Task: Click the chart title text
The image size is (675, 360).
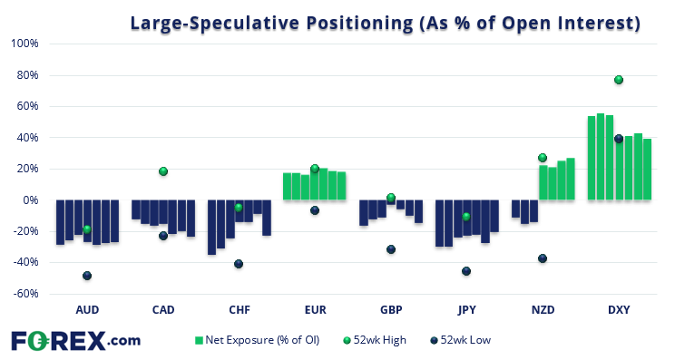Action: tap(385, 23)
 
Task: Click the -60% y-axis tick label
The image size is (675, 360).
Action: tap(24, 294)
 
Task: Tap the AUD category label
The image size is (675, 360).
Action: tap(87, 310)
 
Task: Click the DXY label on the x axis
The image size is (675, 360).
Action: tap(619, 310)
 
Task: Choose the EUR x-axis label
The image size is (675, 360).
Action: tap(315, 310)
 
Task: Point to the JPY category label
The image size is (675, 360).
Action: tap(466, 310)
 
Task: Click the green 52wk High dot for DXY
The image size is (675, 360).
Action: tap(619, 80)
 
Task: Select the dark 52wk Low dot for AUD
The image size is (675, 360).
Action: tap(87, 276)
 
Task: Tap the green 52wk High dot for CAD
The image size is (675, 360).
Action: tap(163, 171)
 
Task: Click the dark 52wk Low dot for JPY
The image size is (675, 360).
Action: tap(466, 271)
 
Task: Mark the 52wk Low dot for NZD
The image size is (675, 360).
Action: tap(543, 258)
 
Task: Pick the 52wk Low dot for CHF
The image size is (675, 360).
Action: tap(239, 264)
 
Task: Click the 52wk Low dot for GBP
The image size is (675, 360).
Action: tap(391, 249)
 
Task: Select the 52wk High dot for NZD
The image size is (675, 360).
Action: tap(543, 158)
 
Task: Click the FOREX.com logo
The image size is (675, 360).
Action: tap(75, 340)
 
